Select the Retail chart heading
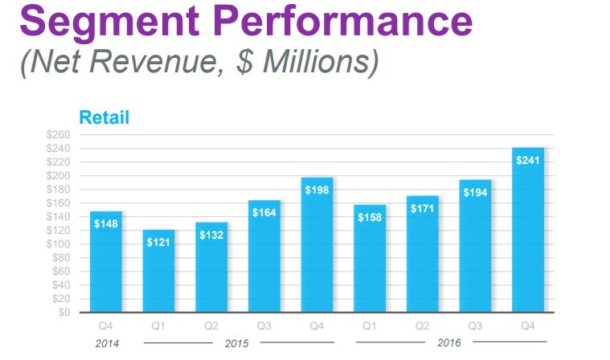coord(104,117)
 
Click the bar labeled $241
coord(528,233)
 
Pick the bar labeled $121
coord(158,273)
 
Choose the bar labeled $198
coord(317,245)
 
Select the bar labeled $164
coord(264,257)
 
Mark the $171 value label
coord(423,208)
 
